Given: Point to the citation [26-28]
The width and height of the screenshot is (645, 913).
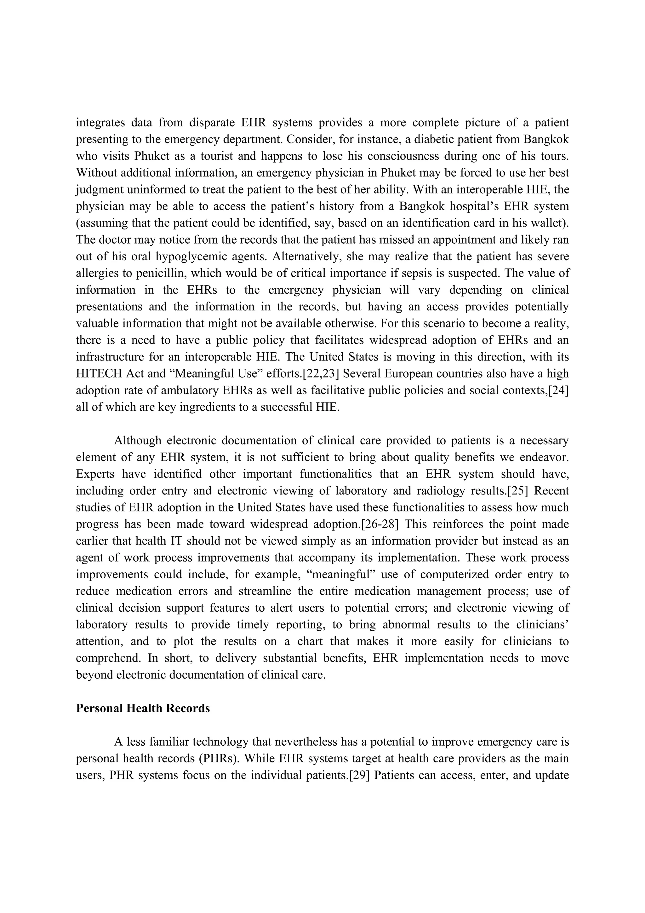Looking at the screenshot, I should (380, 524).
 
